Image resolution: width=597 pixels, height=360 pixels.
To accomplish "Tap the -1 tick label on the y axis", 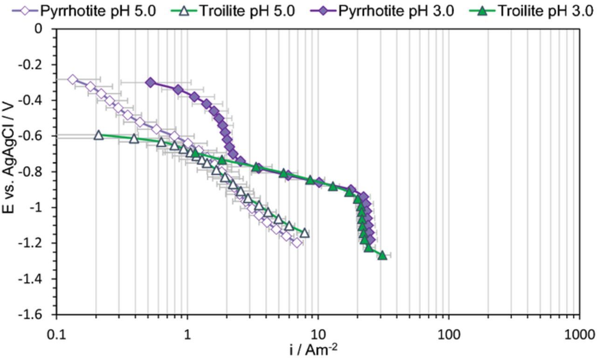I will (x=39, y=208).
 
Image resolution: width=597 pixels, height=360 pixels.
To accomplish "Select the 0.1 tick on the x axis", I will (x=56, y=335).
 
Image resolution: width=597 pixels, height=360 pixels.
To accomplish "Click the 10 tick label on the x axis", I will (x=318, y=335).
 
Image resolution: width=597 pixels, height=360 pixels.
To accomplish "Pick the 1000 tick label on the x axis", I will (x=579, y=335).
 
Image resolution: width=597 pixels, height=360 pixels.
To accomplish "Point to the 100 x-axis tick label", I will (x=449, y=335).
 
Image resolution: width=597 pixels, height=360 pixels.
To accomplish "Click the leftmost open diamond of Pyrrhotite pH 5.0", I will (x=72, y=79).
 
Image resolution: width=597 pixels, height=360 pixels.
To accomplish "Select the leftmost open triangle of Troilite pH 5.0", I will (x=98, y=135).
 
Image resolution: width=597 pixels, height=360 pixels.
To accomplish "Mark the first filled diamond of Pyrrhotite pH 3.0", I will (x=150, y=82).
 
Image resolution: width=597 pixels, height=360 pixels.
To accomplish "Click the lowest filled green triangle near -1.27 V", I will (x=382, y=256).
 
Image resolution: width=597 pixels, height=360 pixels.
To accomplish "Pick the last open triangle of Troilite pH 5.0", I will (x=305, y=233).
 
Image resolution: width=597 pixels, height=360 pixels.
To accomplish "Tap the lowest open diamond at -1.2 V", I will (x=297, y=242).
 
